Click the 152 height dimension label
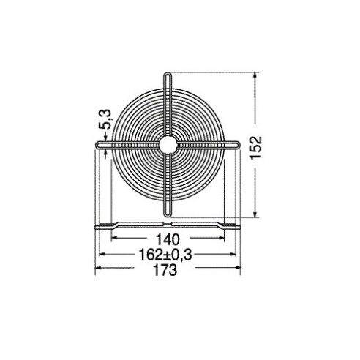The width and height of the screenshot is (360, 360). pyautogui.click(x=256, y=148)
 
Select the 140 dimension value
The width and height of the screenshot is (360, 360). pyautogui.click(x=168, y=239)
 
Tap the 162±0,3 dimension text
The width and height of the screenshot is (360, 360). pyautogui.click(x=165, y=255)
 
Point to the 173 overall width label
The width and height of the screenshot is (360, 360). pyautogui.click(x=165, y=270)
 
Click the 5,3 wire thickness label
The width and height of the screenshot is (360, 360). pyautogui.click(x=105, y=119)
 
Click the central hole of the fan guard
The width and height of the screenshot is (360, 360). pyautogui.click(x=168, y=144)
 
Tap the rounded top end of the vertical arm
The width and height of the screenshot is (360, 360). pyautogui.click(x=168, y=74)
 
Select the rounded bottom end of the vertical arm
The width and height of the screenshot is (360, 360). pyautogui.click(x=168, y=214)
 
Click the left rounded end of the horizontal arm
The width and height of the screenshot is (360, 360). pyautogui.click(x=98, y=145)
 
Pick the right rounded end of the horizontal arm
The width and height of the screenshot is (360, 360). pyautogui.click(x=238, y=145)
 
